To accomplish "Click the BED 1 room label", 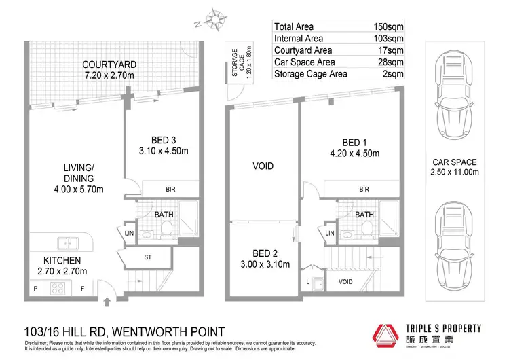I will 351,142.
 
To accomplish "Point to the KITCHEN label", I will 62,261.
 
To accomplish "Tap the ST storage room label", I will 147,257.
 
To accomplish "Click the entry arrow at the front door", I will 109,302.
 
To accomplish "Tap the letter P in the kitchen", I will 35,288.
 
